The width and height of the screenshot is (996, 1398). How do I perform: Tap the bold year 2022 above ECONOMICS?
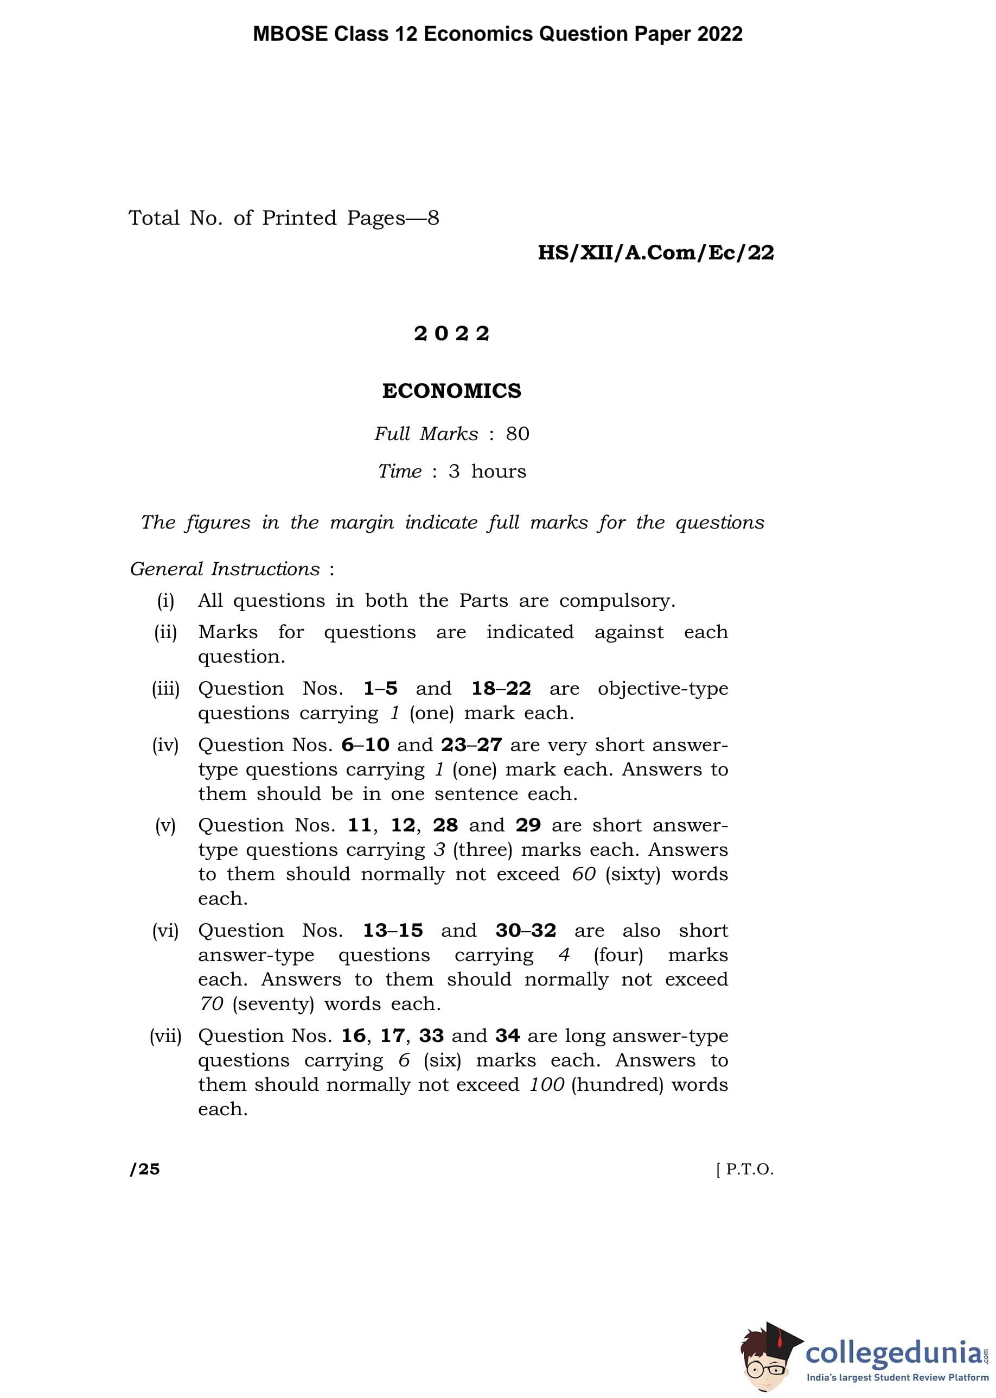point(451,334)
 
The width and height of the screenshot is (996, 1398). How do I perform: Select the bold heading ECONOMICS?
point(451,391)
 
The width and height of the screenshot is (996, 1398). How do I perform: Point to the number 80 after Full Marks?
point(517,434)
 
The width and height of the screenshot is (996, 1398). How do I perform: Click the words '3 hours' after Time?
point(487,471)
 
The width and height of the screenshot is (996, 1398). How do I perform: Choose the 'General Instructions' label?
point(225,569)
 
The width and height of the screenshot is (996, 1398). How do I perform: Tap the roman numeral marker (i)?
point(165,601)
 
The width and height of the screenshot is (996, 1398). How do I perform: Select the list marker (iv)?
point(165,745)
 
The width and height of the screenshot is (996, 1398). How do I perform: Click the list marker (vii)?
point(165,1035)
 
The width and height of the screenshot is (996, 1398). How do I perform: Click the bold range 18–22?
point(501,688)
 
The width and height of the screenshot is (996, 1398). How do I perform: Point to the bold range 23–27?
point(471,745)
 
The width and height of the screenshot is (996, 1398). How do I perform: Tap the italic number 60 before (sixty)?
point(583,874)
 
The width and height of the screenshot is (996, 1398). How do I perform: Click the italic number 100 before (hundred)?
point(546,1084)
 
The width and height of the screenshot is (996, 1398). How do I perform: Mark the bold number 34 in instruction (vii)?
point(507,1035)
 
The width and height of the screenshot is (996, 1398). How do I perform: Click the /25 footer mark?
point(145,1169)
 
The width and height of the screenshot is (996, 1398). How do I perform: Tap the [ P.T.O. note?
point(744,1169)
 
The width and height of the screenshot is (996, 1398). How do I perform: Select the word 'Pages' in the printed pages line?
point(375,218)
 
